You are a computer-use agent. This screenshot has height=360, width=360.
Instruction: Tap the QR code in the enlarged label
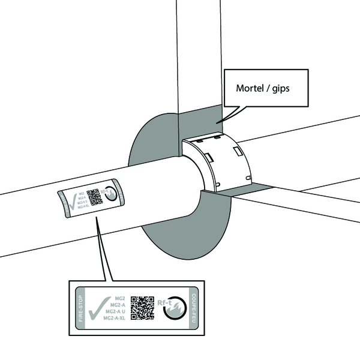point(143,307)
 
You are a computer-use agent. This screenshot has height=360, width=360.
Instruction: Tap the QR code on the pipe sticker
point(93,197)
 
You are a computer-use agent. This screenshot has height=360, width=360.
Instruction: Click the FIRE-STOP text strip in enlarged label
point(81,308)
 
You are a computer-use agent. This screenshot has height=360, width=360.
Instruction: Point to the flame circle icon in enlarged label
point(175,308)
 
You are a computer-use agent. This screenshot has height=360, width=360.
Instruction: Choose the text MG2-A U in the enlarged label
point(116,311)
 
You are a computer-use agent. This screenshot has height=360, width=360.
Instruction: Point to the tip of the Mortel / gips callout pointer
point(218,123)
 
